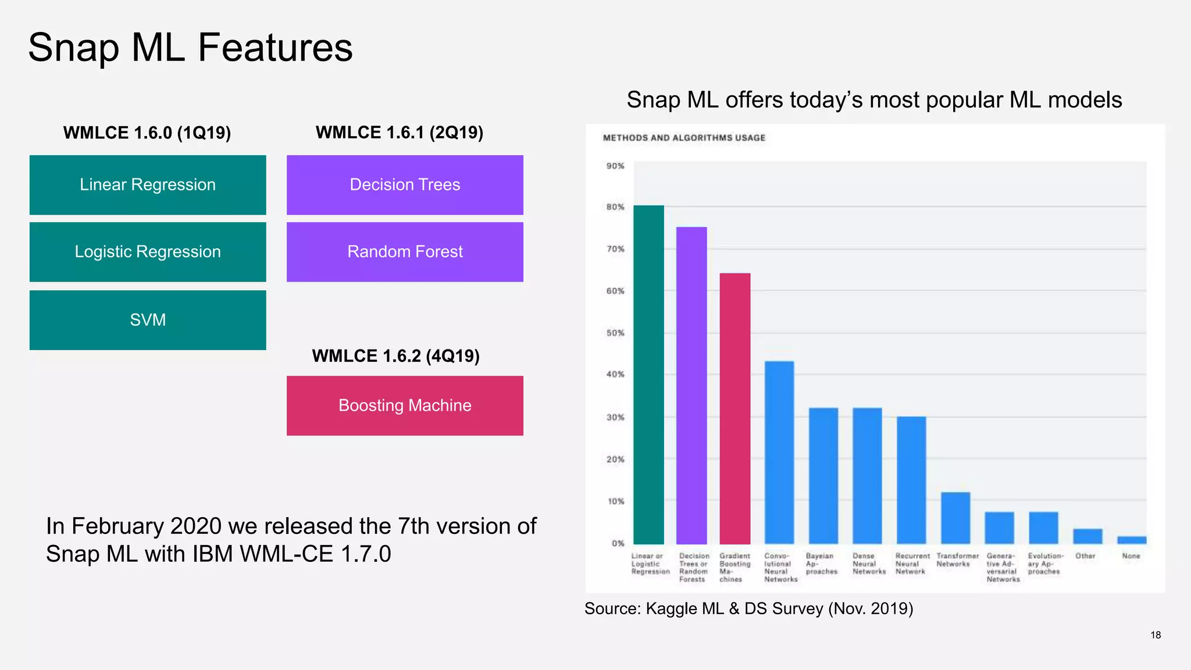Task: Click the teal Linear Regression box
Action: point(148,185)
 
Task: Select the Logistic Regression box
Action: point(148,252)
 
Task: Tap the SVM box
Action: point(148,320)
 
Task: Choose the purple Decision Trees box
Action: point(405,185)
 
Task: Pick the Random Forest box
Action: point(405,252)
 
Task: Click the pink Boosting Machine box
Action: point(405,405)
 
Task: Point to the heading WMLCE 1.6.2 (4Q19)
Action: point(395,356)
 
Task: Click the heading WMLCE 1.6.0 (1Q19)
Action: point(147,133)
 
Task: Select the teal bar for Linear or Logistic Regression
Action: point(648,375)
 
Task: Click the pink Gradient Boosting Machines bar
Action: point(735,408)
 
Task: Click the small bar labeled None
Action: point(1132,540)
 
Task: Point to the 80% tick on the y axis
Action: point(615,207)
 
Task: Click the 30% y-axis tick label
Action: point(615,418)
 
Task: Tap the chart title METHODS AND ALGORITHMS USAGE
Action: point(684,138)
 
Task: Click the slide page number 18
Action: point(1156,635)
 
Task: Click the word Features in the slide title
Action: point(275,48)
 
